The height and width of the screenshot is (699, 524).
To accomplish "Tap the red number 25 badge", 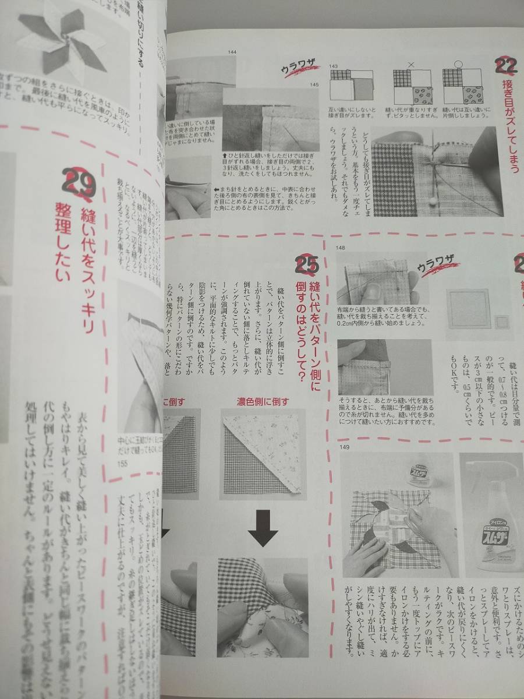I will point(307,264).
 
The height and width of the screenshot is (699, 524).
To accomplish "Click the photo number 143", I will point(334,66).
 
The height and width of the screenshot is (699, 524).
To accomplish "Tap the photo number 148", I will point(341,248).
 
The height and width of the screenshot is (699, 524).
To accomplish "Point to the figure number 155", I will point(122,463).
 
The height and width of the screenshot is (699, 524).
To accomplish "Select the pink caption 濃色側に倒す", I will point(262,401).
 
